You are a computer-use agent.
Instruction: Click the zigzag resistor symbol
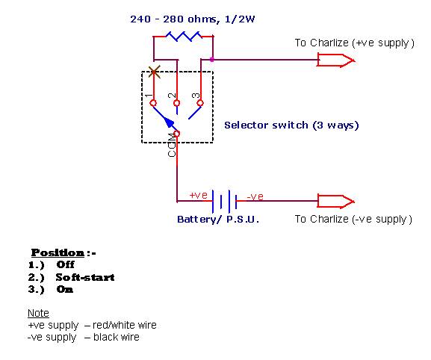(184, 36)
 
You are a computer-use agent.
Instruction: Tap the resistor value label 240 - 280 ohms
(173, 19)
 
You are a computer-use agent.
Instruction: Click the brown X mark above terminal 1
(154, 72)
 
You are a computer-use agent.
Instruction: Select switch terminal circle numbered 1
(153, 103)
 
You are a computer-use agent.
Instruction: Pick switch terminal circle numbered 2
(177, 103)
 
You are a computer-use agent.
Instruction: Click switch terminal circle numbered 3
(200, 103)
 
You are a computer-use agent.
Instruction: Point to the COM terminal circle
(177, 134)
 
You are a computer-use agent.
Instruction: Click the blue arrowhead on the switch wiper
(169, 123)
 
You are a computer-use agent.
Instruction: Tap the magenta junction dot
(212, 59)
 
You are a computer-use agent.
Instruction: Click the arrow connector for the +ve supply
(336, 60)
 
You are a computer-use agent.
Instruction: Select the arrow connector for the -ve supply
(336, 202)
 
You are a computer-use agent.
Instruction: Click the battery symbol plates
(224, 202)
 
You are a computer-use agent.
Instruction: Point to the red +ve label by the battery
(199, 195)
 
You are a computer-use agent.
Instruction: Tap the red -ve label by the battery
(255, 196)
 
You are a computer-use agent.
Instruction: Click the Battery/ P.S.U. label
(218, 220)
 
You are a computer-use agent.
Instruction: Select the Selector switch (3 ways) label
(291, 125)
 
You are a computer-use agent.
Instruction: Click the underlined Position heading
(58, 252)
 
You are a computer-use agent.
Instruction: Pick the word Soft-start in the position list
(85, 277)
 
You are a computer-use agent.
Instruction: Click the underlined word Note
(38, 313)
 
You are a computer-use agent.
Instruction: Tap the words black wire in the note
(117, 337)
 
